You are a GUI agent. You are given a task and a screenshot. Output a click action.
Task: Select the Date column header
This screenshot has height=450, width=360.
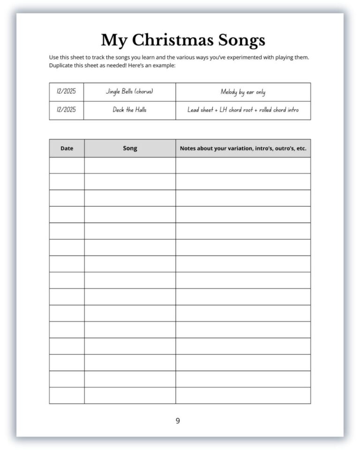[67, 148]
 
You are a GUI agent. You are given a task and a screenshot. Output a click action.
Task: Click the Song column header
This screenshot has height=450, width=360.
[130, 148]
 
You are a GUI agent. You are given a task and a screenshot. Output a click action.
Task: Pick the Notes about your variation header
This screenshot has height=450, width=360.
[243, 148]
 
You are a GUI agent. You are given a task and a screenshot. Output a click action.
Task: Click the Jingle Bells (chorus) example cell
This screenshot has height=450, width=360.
[129, 92]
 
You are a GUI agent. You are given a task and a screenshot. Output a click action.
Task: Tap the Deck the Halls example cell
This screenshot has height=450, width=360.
[129, 110]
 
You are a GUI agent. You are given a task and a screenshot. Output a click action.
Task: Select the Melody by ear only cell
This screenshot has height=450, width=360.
[243, 92]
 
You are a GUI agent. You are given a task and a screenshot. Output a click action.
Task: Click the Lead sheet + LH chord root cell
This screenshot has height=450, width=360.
[243, 110]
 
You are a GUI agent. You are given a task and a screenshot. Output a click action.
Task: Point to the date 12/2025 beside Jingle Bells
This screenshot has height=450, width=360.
[66, 92]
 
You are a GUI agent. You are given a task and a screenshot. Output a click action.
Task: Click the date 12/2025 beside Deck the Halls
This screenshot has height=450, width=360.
[66, 110]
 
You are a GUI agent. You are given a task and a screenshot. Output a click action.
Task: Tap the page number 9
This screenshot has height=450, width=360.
[178, 420]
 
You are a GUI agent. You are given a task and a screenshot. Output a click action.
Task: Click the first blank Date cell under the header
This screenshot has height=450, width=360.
[67, 165]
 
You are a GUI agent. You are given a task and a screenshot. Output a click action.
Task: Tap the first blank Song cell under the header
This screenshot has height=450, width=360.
[130, 165]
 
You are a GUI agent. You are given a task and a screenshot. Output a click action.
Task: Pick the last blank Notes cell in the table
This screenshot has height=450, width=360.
[243, 395]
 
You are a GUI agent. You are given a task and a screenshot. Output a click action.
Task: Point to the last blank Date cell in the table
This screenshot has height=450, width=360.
[67, 395]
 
